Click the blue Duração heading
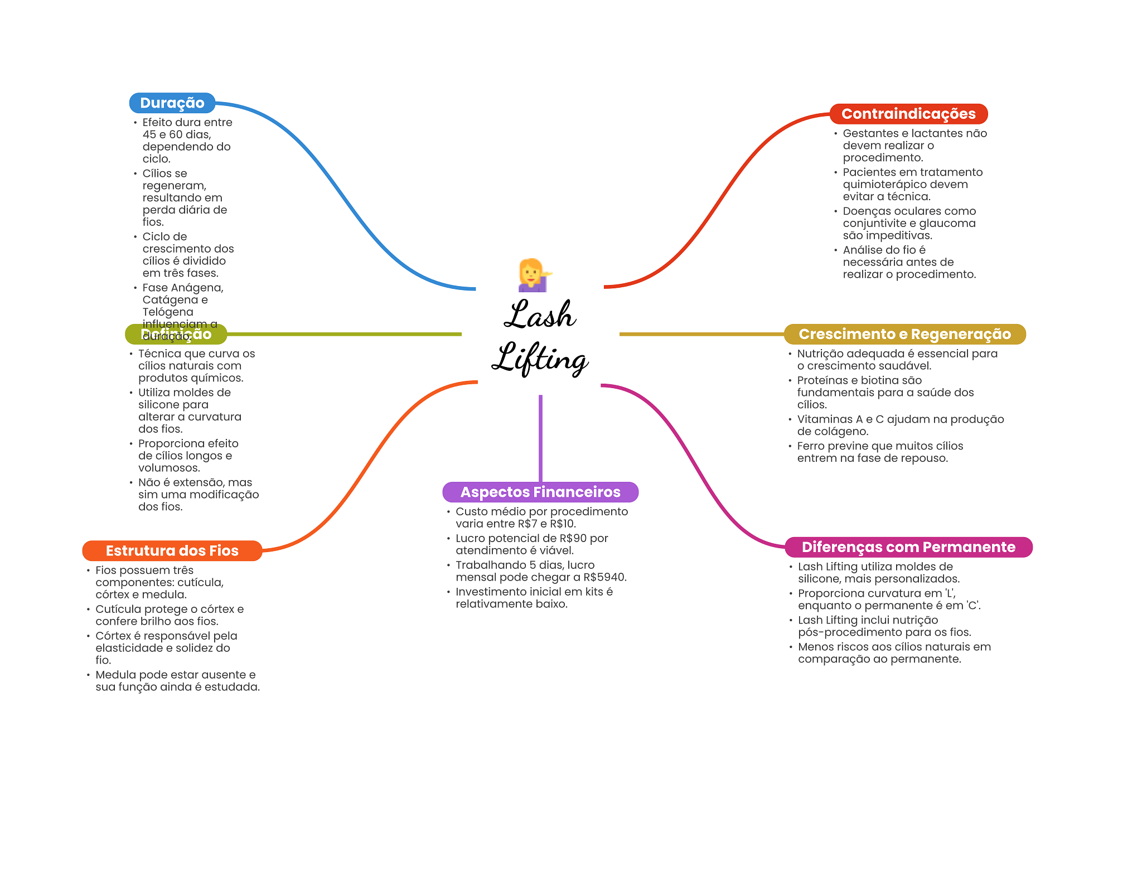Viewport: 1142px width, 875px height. pyautogui.click(x=172, y=103)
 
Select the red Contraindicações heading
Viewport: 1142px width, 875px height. pyautogui.click(x=908, y=114)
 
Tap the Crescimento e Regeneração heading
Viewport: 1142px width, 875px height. pyautogui.click(x=904, y=334)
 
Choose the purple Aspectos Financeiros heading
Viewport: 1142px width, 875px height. pyautogui.click(x=540, y=492)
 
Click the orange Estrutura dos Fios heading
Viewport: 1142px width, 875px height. pyautogui.click(x=172, y=550)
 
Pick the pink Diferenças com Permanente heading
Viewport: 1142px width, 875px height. pyautogui.click(x=908, y=547)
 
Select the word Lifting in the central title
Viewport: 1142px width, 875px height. pyautogui.click(x=540, y=359)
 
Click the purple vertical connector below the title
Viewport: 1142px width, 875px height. pyautogui.click(x=540, y=438)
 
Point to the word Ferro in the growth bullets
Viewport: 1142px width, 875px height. pyautogui.click(x=811, y=446)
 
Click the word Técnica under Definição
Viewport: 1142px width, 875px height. pyautogui.click(x=159, y=354)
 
